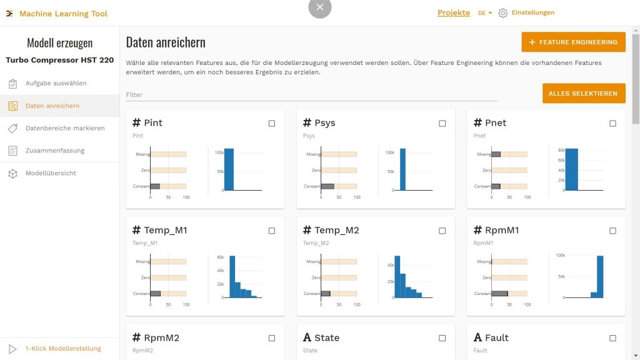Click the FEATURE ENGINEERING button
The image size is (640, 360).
573,42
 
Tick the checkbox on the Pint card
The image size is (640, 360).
272,124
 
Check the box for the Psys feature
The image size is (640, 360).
442,124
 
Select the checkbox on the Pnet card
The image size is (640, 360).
613,124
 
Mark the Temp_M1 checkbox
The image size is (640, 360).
272,231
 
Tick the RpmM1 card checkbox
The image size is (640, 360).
613,231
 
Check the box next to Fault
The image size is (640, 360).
613,338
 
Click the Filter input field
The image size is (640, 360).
311,95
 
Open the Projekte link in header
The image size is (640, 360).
453,13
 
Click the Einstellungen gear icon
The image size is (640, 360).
503,13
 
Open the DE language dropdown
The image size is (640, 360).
485,13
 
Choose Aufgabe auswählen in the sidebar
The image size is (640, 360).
56,83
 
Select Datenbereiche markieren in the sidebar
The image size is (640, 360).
64,128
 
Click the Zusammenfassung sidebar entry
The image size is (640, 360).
54,151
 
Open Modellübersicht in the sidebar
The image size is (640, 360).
50,173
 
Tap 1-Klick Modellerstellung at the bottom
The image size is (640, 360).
62,349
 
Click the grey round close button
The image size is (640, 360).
320,7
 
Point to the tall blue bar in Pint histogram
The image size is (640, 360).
229,170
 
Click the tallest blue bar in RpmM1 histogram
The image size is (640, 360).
600,277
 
